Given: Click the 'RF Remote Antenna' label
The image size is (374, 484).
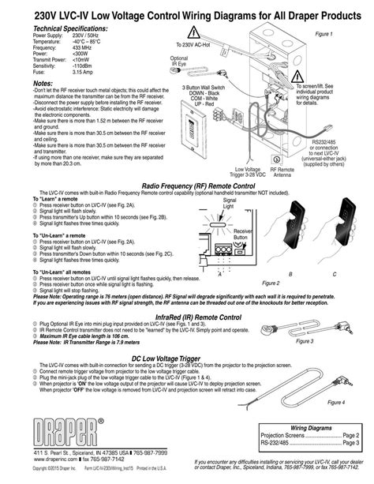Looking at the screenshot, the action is pyautogui.click(x=282, y=173).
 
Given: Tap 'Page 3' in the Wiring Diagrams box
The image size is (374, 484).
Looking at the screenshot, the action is pyautogui.click(x=350, y=444).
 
